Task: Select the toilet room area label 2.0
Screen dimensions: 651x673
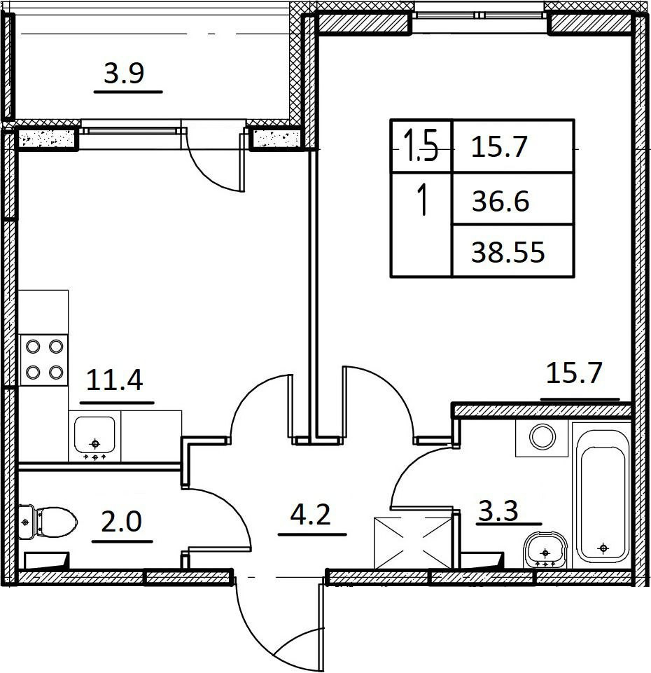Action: pyautogui.click(x=121, y=522)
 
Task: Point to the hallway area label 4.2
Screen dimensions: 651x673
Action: pyautogui.click(x=311, y=515)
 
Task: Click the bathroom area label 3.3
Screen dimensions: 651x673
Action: pyautogui.click(x=498, y=511)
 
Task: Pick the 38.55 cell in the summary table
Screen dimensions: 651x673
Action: pyautogui.click(x=513, y=251)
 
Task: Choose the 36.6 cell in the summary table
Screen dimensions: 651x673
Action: pyautogui.click(x=513, y=199)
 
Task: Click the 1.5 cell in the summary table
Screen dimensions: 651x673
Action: pyautogui.click(x=421, y=147)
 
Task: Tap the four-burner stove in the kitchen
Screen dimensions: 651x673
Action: pyautogui.click(x=44, y=360)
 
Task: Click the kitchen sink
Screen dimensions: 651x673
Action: pyautogui.click(x=94, y=435)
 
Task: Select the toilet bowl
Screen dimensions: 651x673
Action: pyautogui.click(x=48, y=522)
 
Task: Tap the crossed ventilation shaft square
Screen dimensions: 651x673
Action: pyautogui.click(x=413, y=543)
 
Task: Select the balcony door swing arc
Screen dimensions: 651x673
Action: pyautogui.click(x=210, y=169)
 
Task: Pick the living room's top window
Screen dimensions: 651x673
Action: pyautogui.click(x=479, y=15)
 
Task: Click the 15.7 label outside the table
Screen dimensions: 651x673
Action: pyautogui.click(x=575, y=373)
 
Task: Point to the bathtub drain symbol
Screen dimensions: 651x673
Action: pyautogui.click(x=603, y=548)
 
